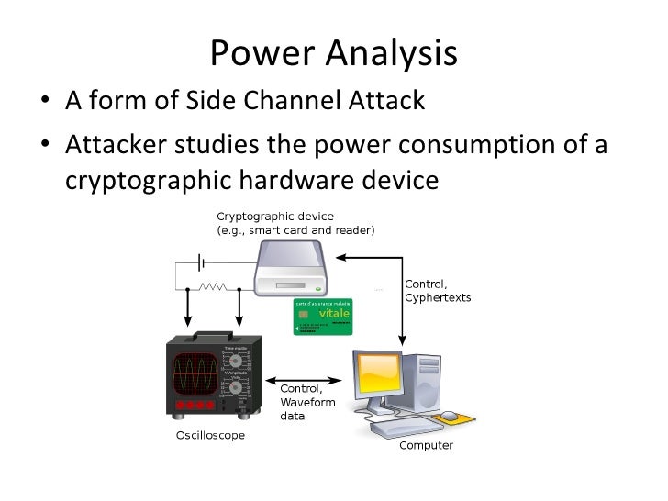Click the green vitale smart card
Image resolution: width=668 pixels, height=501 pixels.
pyautogui.click(x=324, y=316)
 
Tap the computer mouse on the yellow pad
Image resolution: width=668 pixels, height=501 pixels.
pyautogui.click(x=449, y=416)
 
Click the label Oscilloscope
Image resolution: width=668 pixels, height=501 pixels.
pyautogui.click(x=210, y=435)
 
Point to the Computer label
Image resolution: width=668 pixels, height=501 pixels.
pyautogui.click(x=426, y=446)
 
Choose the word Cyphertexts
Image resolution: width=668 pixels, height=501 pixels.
pyautogui.click(x=438, y=298)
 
